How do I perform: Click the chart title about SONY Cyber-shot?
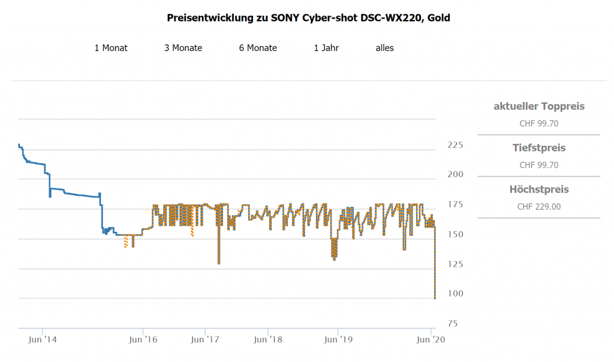[308, 18]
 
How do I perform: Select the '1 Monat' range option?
[111, 48]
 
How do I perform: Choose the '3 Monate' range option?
[183, 48]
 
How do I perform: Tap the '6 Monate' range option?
[258, 48]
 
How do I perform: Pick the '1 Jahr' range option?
[326, 48]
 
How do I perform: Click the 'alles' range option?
[384, 48]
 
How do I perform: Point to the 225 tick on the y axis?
[456, 145]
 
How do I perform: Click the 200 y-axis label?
[456, 175]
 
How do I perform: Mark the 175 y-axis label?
[456, 205]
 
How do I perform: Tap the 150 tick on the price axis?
[456, 234]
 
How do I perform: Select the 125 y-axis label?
[456, 264]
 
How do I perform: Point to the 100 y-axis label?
[456, 294]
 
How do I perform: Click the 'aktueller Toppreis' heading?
[538, 107]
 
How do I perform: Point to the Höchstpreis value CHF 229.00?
[538, 207]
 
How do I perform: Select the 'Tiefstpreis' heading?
[538, 148]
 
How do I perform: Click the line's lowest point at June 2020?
[435, 298]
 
